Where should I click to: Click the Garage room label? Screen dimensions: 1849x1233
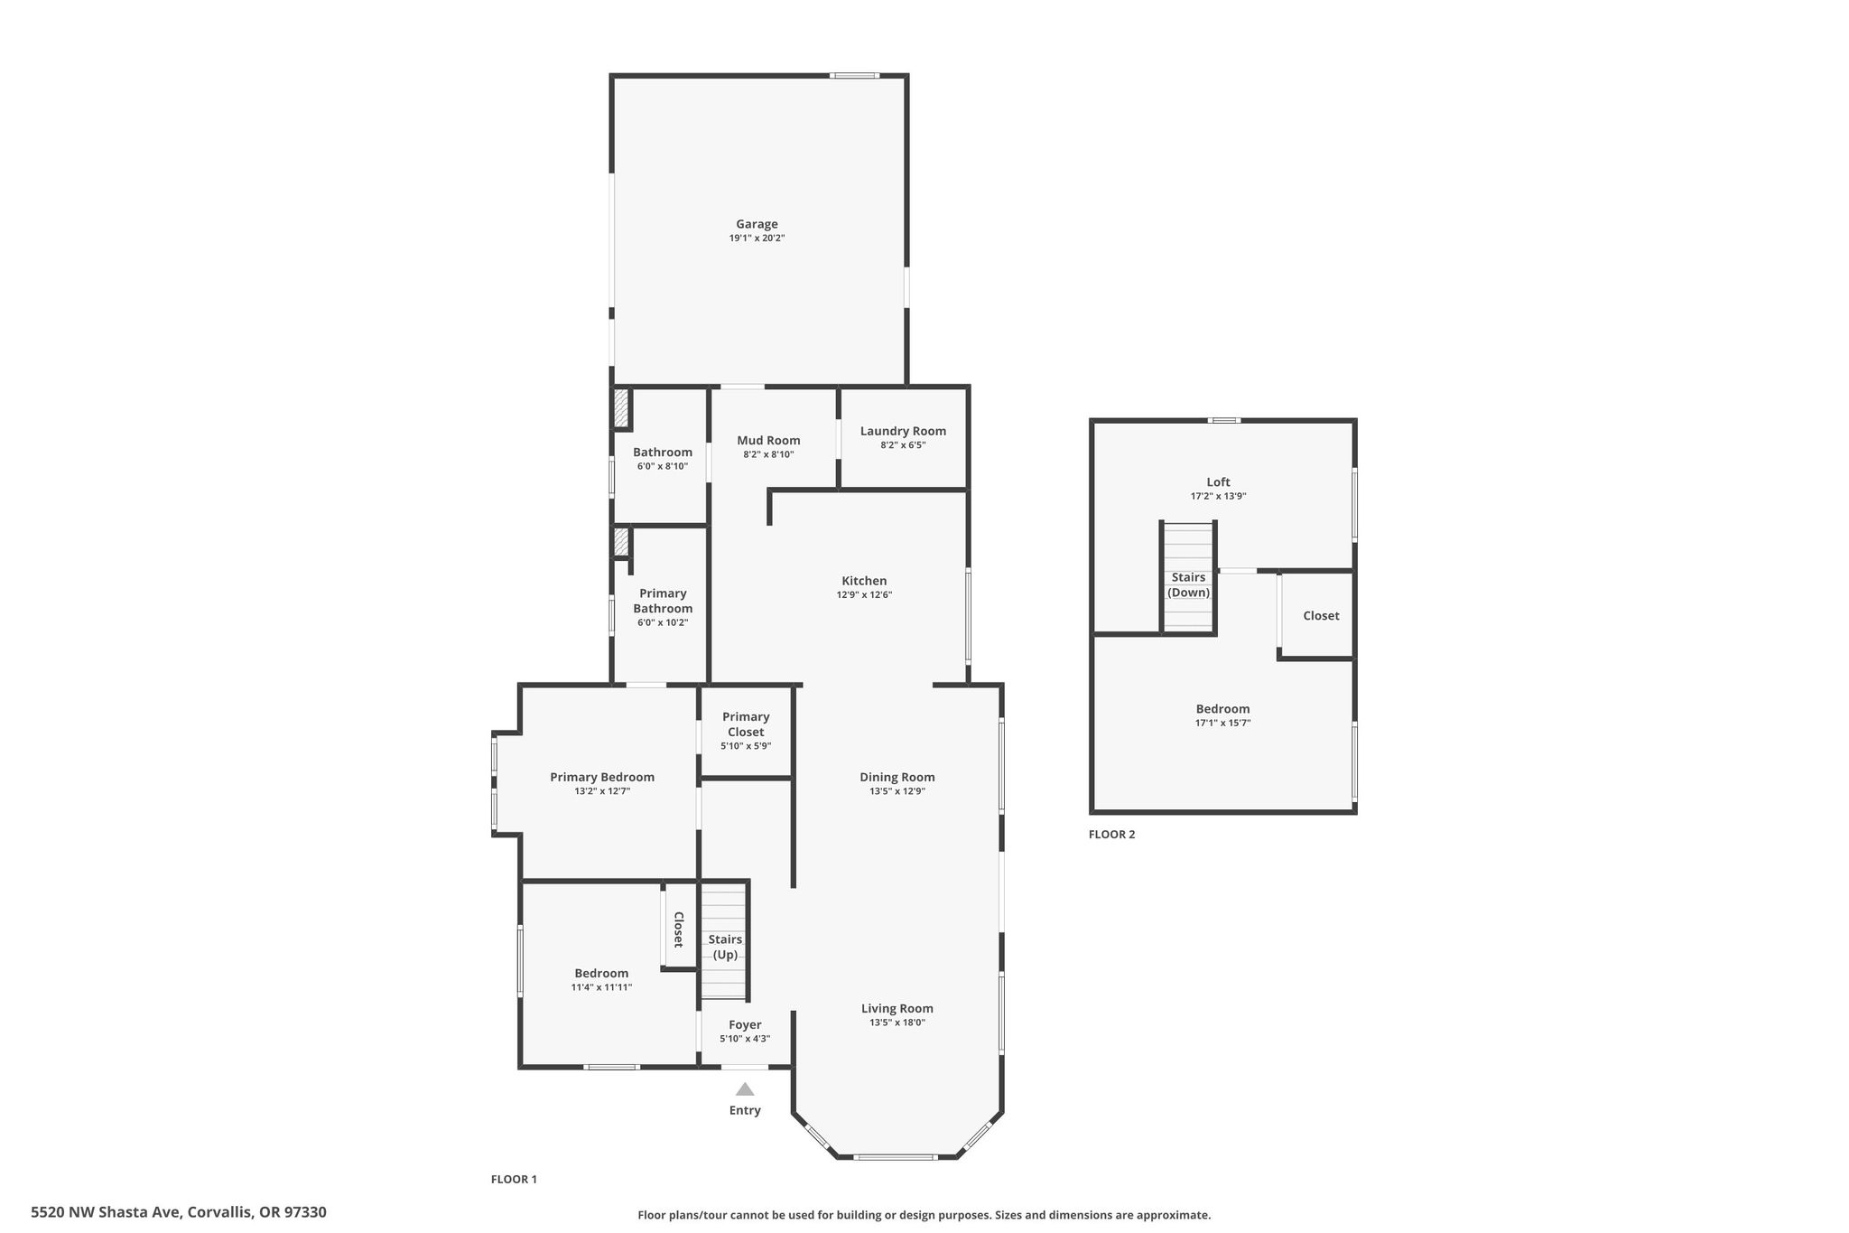[x=757, y=224]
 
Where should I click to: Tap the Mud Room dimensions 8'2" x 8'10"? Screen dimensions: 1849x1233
[x=768, y=454]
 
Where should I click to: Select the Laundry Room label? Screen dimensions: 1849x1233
[x=903, y=431]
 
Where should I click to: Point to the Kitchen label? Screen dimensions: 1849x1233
[x=864, y=581]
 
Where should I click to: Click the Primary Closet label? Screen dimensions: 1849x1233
[x=746, y=724]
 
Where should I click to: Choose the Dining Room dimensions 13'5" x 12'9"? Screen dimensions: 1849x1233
[x=897, y=791]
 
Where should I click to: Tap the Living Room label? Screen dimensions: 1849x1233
[x=897, y=1008]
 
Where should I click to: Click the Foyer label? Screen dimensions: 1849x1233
[x=745, y=1024]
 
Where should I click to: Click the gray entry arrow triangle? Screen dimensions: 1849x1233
[x=745, y=1088]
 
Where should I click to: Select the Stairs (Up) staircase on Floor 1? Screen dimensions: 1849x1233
[x=724, y=940]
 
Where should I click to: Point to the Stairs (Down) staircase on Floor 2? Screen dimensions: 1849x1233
[x=1188, y=577]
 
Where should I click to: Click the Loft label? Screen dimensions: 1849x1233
[x=1218, y=481]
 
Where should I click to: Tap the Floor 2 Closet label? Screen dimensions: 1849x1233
[x=1321, y=615]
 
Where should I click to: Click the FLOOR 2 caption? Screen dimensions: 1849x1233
[x=1111, y=834]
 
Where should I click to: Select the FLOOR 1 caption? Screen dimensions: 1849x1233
[x=514, y=1179]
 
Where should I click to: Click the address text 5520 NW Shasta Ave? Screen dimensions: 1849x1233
[x=107, y=1212]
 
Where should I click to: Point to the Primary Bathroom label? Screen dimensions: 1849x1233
[x=663, y=601]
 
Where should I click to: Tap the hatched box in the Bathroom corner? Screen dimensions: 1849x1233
[x=621, y=408]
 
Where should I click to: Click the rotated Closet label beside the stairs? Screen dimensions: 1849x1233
[x=679, y=929]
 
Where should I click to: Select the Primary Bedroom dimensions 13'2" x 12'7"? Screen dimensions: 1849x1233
[x=602, y=791]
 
